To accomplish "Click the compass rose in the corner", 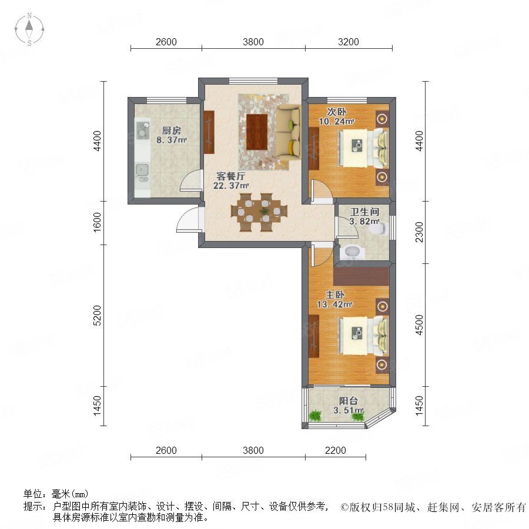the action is click(x=29, y=29).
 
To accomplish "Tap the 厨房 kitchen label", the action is click(x=172, y=130).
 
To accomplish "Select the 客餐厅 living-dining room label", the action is click(x=231, y=176).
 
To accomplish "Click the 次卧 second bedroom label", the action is click(x=336, y=112).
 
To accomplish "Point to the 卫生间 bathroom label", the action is click(x=364, y=212).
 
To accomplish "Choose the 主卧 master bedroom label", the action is click(x=334, y=295).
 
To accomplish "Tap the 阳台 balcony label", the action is click(x=348, y=401).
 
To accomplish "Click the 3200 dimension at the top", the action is click(x=349, y=42).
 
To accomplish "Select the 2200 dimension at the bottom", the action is click(x=336, y=450).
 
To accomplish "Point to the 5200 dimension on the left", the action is click(x=97, y=316).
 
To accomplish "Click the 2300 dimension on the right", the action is click(x=419, y=232).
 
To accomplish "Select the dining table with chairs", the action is click(x=259, y=212).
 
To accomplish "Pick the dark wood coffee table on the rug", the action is click(x=257, y=132).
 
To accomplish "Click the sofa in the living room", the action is click(x=289, y=133).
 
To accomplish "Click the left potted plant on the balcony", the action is click(x=315, y=416).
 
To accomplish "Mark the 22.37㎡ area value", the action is click(x=231, y=186).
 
